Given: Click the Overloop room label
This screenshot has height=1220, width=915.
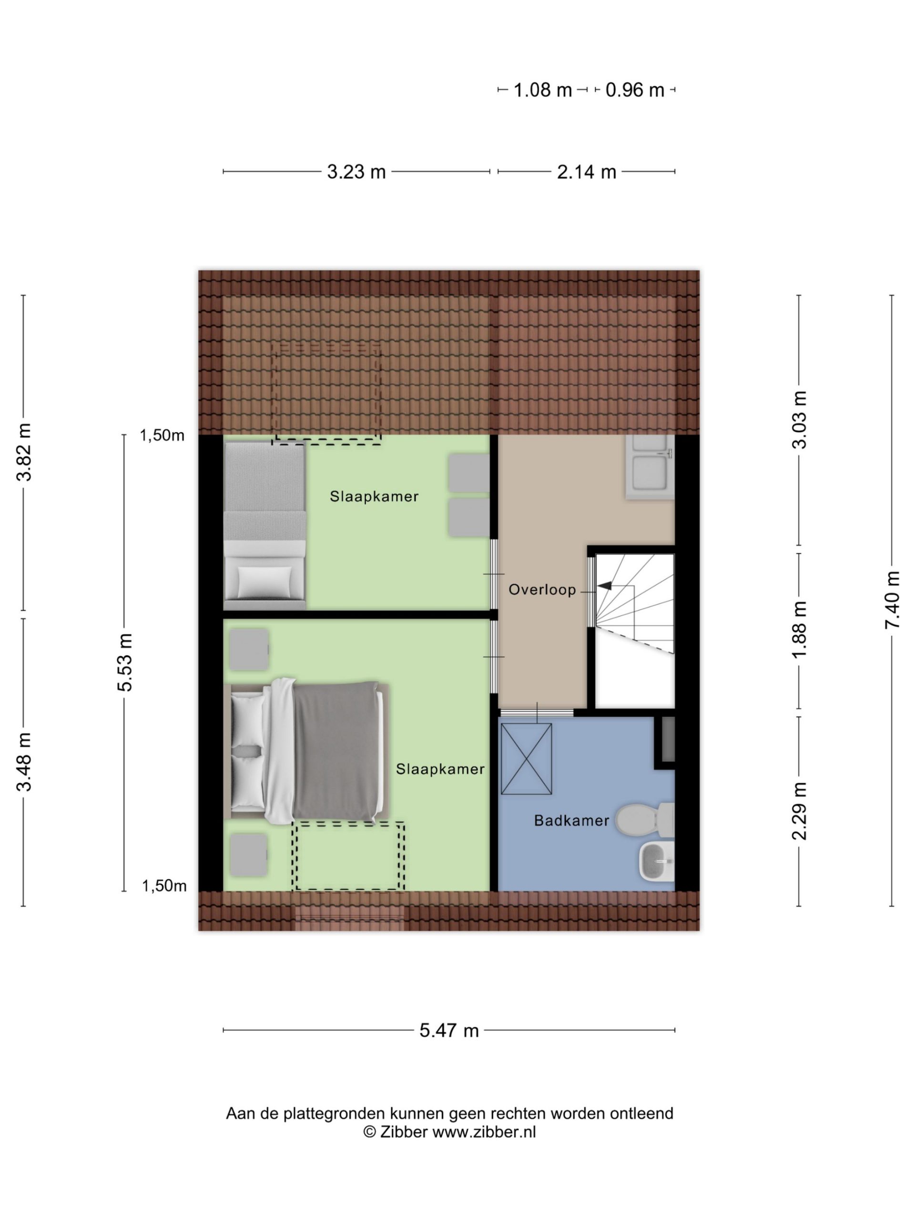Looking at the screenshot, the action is coord(541,590).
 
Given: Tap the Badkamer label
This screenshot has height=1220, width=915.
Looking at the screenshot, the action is coord(571,821).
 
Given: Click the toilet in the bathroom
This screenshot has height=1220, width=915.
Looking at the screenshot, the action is coord(644,819).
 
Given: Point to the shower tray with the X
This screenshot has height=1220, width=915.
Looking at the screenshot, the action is coord(526,759).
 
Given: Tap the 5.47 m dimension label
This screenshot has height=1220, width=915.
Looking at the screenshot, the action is coord(448,1030).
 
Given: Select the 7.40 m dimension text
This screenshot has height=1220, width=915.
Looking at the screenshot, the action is coord(892,600).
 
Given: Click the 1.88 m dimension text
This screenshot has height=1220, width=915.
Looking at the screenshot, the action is coord(799,630).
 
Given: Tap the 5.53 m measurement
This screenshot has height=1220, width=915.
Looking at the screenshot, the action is coord(125,662).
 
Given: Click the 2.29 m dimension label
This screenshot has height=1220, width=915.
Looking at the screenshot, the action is coord(799,811).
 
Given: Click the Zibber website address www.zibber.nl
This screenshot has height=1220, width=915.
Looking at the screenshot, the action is coord(484,1132).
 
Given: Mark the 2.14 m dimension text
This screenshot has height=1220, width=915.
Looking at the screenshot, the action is coord(586,172).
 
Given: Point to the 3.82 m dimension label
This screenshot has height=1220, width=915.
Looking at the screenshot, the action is coord(24,452).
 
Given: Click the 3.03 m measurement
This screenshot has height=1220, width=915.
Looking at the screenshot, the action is coord(799,420).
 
